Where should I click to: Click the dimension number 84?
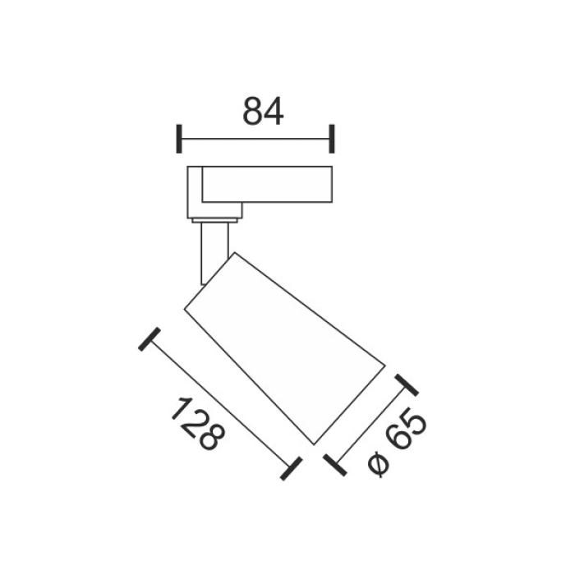coord(263,111)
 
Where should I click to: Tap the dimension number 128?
coord(198,424)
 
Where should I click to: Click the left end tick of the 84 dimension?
coord(179,139)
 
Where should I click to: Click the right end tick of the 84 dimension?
coord(332,139)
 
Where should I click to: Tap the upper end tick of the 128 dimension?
coord(149,339)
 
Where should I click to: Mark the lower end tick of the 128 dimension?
coord(291,468)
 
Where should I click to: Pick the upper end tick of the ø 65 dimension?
coord(407,385)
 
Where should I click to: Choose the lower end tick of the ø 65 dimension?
coord(335,465)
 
